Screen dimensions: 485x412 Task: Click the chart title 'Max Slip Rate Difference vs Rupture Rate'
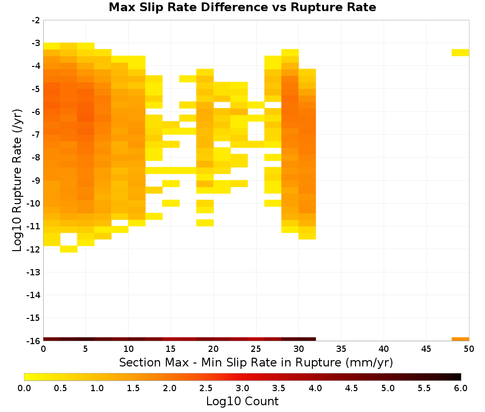(x=242, y=7)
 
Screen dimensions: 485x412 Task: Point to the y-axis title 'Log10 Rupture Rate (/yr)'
(x=17, y=180)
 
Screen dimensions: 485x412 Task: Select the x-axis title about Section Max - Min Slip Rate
(x=256, y=362)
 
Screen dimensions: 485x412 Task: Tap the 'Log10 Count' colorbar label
(x=242, y=401)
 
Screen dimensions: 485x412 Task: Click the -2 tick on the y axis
(x=36, y=20)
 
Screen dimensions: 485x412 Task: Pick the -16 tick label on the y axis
(x=33, y=341)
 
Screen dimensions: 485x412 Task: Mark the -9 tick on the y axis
(x=36, y=180)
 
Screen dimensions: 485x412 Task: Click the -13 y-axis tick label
(x=33, y=272)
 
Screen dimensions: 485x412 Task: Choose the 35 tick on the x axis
(x=341, y=349)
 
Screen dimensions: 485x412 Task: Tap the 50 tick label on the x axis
(x=469, y=349)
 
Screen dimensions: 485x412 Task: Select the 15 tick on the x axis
(x=171, y=349)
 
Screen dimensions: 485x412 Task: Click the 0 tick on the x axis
(x=43, y=349)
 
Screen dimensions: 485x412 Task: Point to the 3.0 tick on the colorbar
(x=242, y=388)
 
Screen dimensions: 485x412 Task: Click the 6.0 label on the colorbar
(x=461, y=388)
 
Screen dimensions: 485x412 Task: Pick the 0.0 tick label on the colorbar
(x=24, y=388)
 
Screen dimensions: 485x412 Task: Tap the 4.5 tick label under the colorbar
(x=352, y=388)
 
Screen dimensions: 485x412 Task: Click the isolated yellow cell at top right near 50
(x=460, y=52)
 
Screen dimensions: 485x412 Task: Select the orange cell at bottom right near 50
(x=460, y=339)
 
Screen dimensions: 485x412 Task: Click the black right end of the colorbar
(x=458, y=377)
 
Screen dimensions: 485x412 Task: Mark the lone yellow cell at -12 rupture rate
(x=69, y=249)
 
